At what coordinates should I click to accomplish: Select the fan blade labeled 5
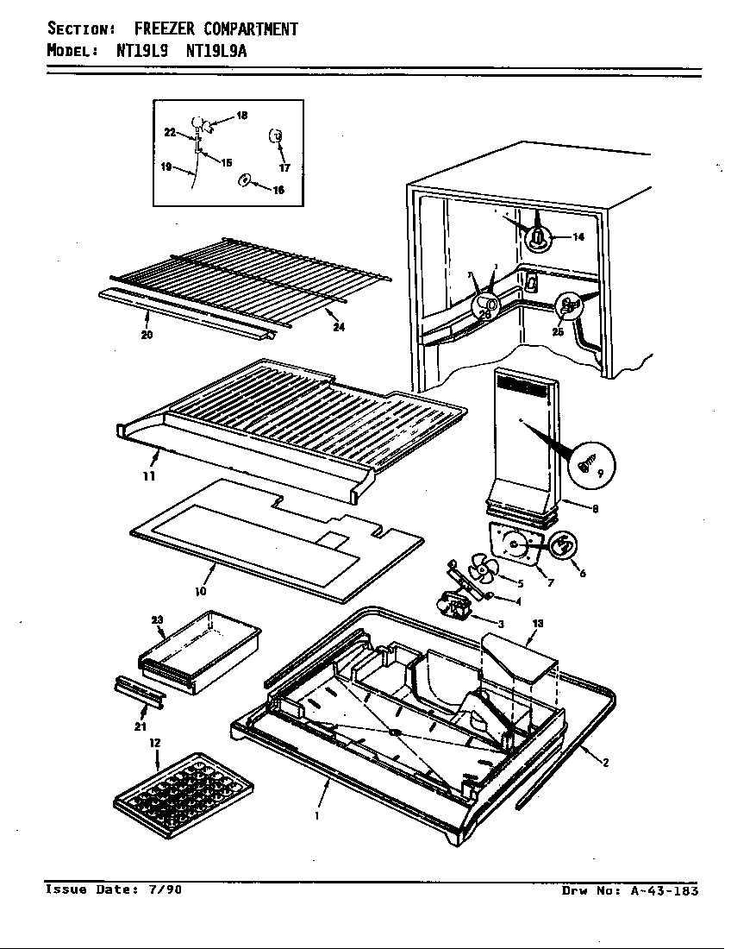click(x=479, y=572)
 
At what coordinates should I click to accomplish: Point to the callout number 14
click(x=578, y=237)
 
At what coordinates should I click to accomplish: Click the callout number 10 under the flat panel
click(x=200, y=592)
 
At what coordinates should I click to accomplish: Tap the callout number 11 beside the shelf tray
click(x=149, y=475)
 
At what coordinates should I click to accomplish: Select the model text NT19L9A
click(x=217, y=50)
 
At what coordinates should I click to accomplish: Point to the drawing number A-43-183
click(x=659, y=890)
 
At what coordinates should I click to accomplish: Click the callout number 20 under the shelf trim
click(x=147, y=335)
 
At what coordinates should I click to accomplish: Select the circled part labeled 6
click(x=564, y=546)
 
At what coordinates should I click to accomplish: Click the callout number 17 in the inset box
click(x=284, y=167)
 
